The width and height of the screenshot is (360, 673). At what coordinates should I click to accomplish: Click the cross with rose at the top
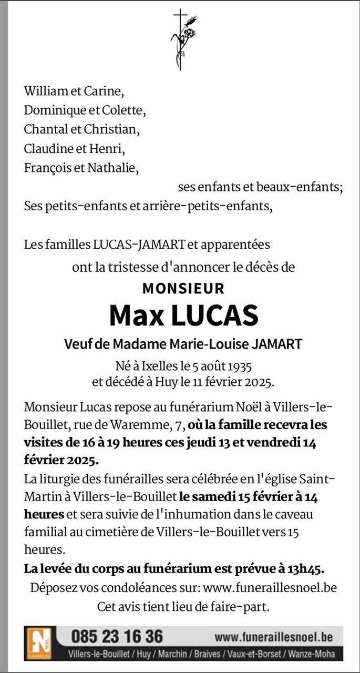[180, 39]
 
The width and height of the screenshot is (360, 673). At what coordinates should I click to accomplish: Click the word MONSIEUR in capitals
[183, 289]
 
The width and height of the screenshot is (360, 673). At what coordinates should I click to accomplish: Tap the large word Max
[136, 315]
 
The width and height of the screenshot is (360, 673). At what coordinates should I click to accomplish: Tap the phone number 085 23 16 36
[117, 636]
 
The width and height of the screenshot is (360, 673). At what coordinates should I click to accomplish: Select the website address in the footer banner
[273, 637]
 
